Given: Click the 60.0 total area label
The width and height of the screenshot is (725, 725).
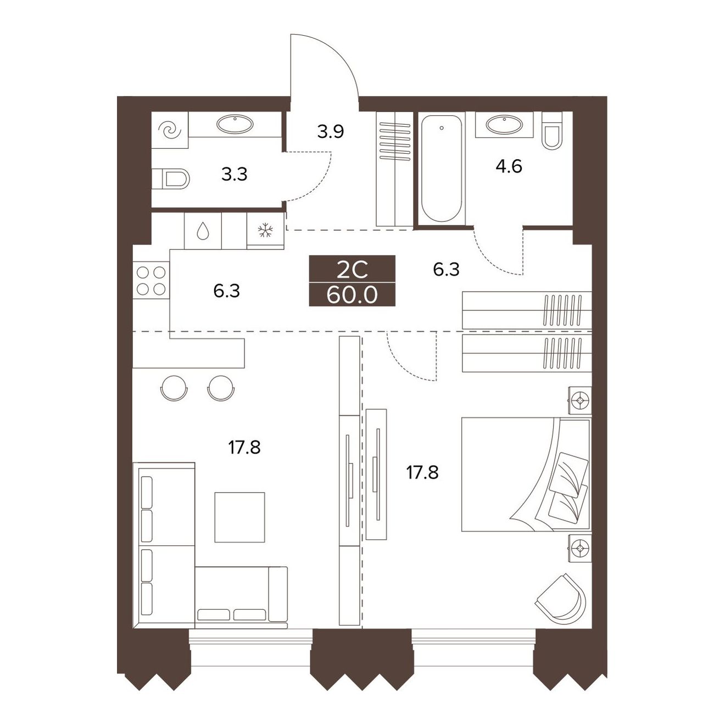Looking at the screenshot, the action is (352, 295).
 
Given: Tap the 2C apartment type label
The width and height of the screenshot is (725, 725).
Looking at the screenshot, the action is (352, 271).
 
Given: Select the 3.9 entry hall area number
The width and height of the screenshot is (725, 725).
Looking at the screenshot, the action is (330, 132).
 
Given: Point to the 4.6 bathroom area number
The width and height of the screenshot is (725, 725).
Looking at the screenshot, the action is (509, 166).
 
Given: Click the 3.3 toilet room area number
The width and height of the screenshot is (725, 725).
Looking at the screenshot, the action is (234, 175).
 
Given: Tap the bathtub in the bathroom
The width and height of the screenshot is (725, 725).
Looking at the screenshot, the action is (441, 169).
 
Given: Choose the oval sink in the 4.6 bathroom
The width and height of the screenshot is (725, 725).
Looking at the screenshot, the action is (504, 124).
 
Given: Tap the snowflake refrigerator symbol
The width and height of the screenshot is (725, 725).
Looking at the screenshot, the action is (266, 230).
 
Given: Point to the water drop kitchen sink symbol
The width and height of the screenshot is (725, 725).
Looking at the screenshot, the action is (203, 230).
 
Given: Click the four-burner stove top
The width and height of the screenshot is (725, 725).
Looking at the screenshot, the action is (151, 280).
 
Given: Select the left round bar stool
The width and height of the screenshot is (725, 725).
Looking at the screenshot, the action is (174, 388).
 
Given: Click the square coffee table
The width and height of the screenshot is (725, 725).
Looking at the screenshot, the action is (239, 517).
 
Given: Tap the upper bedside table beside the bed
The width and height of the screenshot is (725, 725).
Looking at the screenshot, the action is (580, 400).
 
